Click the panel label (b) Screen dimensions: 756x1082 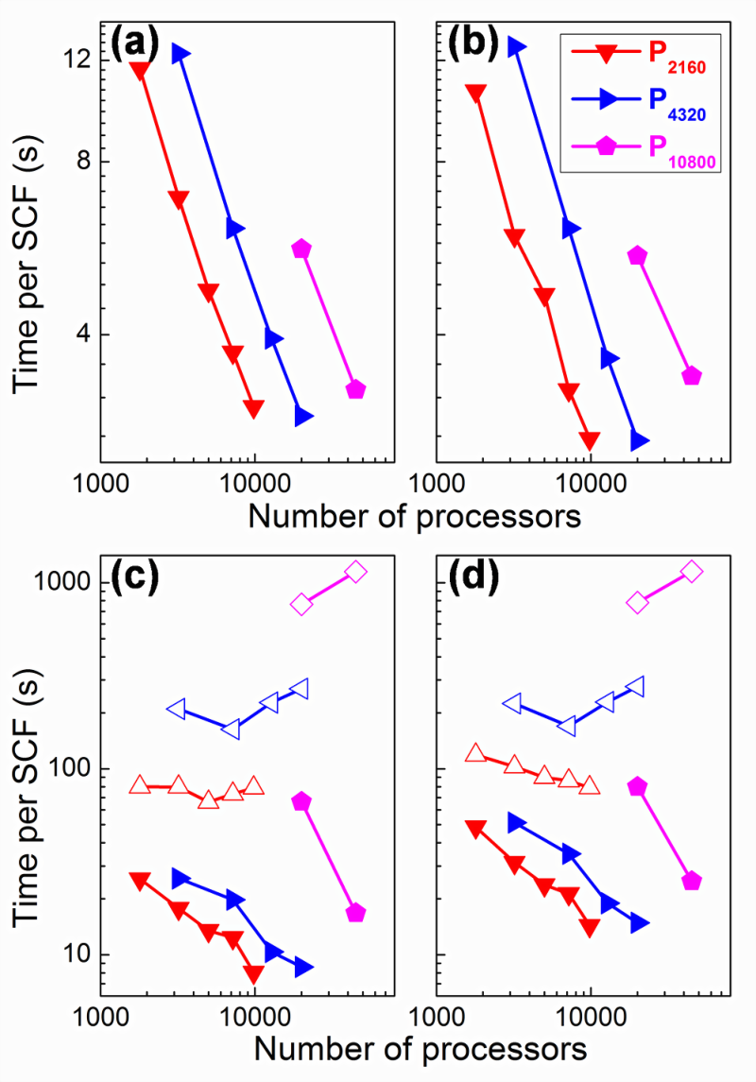click(473, 43)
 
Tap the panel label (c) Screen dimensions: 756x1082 click(134, 575)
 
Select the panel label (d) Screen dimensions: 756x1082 click(473, 575)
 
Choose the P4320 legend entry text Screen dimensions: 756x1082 click(677, 104)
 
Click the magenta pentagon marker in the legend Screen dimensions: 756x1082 click(606, 146)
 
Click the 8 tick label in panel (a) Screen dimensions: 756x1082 click(83, 162)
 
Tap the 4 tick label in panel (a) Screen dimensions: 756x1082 click(83, 335)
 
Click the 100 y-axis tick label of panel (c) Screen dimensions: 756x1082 click(68, 768)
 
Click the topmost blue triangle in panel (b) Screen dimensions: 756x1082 click(517, 47)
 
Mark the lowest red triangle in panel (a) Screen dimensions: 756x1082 click(254, 408)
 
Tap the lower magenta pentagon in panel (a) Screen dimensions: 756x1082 click(355, 389)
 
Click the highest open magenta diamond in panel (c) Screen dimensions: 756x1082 click(356, 572)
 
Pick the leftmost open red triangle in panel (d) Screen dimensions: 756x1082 click(476, 753)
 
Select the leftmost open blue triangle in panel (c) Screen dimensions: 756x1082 click(177, 709)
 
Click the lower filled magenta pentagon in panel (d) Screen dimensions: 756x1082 click(692, 882)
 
